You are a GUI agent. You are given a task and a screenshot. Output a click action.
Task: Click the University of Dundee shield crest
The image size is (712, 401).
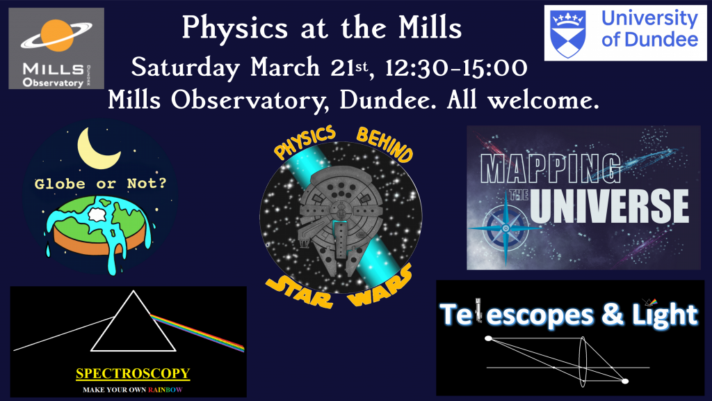pyautogui.click(x=567, y=33)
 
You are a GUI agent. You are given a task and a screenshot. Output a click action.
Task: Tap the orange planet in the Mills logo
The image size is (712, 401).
pyautogui.click(x=57, y=35)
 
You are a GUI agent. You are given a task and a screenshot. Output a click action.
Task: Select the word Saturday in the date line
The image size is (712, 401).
pyautogui.click(x=185, y=68)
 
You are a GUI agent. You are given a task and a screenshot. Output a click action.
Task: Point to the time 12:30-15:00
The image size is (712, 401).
pyautogui.click(x=456, y=68)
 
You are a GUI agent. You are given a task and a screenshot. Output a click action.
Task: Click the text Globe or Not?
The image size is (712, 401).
pyautogui.click(x=100, y=184)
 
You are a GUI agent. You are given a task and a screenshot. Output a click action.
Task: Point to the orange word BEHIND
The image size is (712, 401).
pyautogui.click(x=384, y=144)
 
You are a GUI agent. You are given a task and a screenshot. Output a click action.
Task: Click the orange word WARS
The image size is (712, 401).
pyautogui.click(x=380, y=285)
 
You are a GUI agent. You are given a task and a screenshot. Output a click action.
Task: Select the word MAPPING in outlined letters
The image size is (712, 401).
pyautogui.click(x=551, y=168)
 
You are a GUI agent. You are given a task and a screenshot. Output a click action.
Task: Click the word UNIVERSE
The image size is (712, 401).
pyautogui.click(x=609, y=206)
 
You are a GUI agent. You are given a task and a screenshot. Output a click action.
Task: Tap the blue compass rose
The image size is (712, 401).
pyautogui.click(x=505, y=228)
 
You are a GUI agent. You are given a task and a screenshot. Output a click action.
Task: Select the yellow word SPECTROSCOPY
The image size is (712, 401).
pyautogui.click(x=133, y=374)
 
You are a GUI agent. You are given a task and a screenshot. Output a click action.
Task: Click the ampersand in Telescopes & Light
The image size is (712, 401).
pyautogui.click(x=613, y=315)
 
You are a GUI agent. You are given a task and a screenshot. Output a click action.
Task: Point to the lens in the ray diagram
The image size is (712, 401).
pyautogui.click(x=583, y=362)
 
